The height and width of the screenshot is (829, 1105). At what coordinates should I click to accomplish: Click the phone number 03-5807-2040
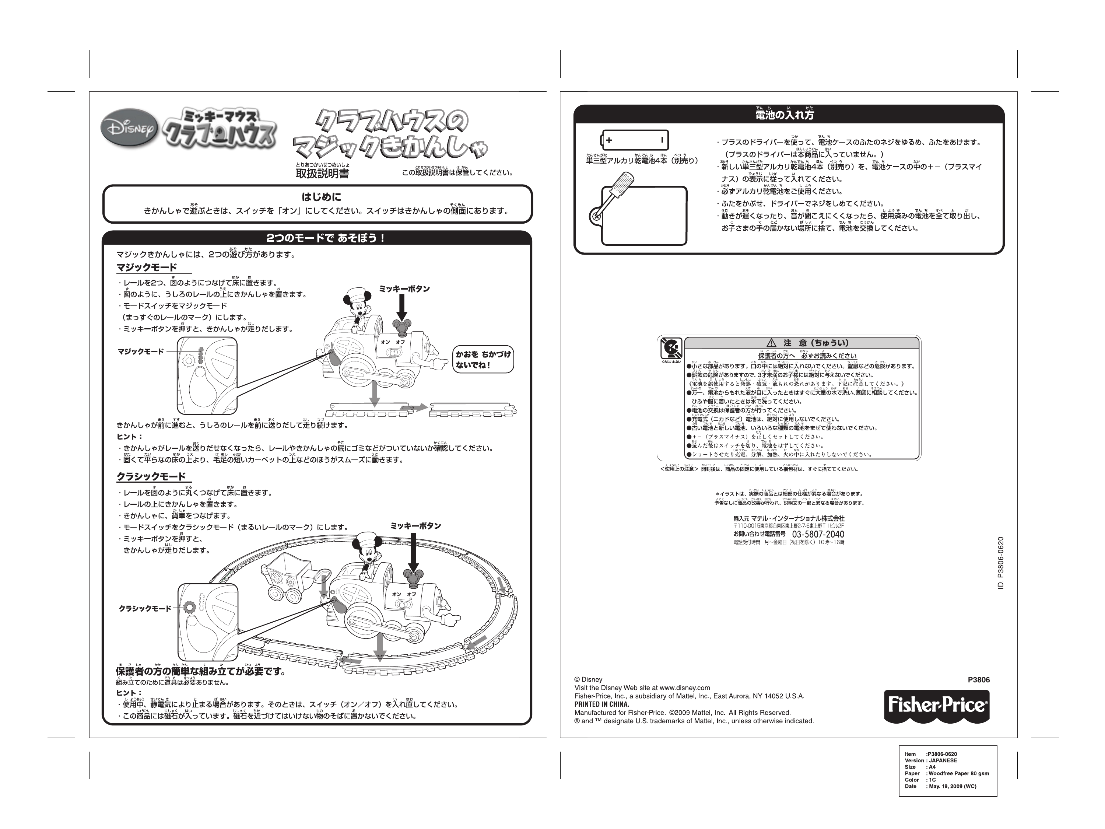tap(818, 534)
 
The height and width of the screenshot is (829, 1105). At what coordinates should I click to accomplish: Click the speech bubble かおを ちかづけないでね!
tap(483, 359)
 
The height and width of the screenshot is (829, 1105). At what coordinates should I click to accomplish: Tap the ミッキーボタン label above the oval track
tap(415, 526)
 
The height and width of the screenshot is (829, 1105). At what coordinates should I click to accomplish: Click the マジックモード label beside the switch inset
tap(140, 352)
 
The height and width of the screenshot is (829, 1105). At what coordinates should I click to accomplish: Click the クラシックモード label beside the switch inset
tap(145, 609)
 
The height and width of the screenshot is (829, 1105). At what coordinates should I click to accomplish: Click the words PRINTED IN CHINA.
tap(601, 704)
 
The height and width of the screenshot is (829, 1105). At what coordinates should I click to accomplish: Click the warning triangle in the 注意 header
tap(771, 343)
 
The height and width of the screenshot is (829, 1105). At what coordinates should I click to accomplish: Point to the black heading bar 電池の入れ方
tap(788, 115)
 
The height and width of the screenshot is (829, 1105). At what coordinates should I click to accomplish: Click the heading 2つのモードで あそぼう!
tap(325, 238)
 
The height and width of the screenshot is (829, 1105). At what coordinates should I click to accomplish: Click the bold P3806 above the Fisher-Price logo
tap(978, 679)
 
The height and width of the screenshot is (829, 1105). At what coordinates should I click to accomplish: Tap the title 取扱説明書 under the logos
tap(322, 174)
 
